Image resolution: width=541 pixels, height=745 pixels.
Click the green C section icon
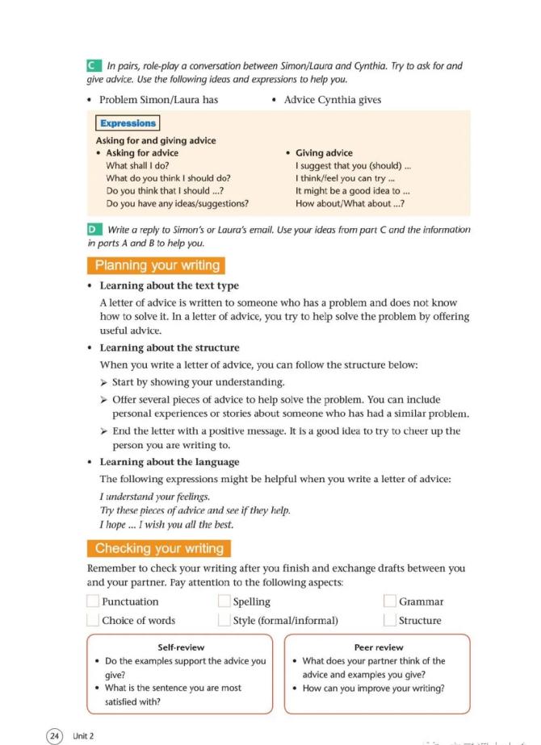click(93, 65)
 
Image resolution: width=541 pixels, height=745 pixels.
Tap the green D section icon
click(93, 230)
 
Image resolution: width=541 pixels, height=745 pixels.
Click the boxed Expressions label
click(128, 123)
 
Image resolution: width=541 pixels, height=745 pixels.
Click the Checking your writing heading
click(158, 548)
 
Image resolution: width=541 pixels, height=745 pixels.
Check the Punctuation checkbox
click(93, 601)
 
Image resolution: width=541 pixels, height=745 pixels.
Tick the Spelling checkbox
click(224, 601)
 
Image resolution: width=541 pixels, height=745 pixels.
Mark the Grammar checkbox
click(390, 601)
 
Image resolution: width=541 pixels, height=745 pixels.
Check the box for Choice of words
click(93, 620)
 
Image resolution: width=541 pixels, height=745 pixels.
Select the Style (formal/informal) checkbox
click(224, 620)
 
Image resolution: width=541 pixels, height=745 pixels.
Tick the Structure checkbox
click(390, 620)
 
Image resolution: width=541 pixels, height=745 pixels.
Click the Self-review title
click(181, 647)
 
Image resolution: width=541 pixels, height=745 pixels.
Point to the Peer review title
click(378, 647)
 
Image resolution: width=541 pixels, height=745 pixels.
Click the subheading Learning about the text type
click(169, 285)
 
